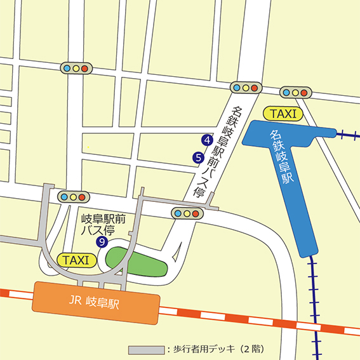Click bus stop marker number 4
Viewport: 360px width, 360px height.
[206, 140]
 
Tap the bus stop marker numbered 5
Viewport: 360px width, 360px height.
[198, 157]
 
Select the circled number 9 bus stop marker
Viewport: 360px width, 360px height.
[101, 242]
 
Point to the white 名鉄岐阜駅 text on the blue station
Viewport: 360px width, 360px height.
[281, 156]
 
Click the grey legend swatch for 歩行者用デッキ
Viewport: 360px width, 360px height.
[145, 350]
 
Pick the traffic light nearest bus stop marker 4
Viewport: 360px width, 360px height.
[245, 88]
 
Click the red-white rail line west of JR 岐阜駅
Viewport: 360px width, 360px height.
[16, 293]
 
